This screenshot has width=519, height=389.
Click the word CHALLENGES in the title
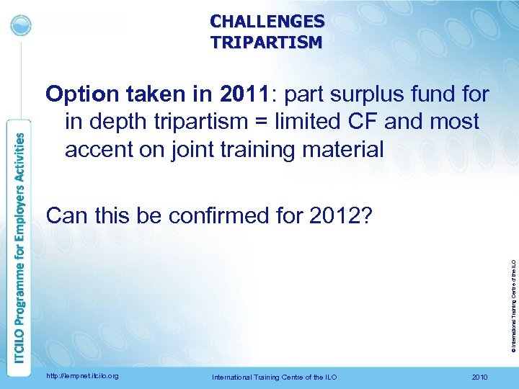[267, 22]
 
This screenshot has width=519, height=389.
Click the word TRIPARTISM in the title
[267, 43]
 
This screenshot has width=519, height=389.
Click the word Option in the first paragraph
[79, 94]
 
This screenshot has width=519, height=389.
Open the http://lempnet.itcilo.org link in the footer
[81, 377]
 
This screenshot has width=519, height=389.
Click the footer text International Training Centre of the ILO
[274, 377]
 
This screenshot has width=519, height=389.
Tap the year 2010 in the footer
[478, 377]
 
